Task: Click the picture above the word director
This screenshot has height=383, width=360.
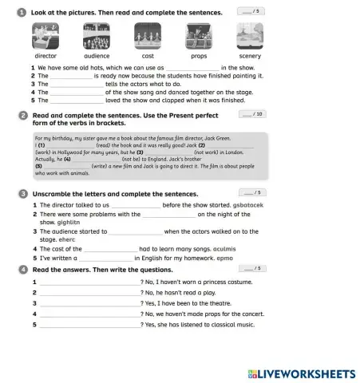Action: pos(45,37)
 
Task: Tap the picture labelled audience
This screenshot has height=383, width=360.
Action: pos(97,37)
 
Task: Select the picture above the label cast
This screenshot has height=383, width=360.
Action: pos(148,37)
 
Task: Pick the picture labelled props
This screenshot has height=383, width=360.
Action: pos(199,37)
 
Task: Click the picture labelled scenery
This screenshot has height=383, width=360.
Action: pos(250,37)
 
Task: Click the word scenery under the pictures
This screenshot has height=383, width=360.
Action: pos(250,57)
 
